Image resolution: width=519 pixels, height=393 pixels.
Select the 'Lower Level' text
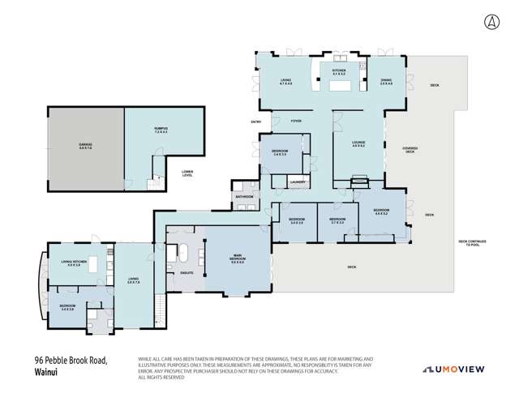[x=187, y=173]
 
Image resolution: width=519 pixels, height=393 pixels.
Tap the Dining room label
[x=386, y=81]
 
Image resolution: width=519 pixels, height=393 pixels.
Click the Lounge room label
[x=357, y=145]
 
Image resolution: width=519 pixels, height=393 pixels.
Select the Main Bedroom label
[x=238, y=260]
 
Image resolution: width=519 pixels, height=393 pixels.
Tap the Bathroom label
[x=244, y=196]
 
